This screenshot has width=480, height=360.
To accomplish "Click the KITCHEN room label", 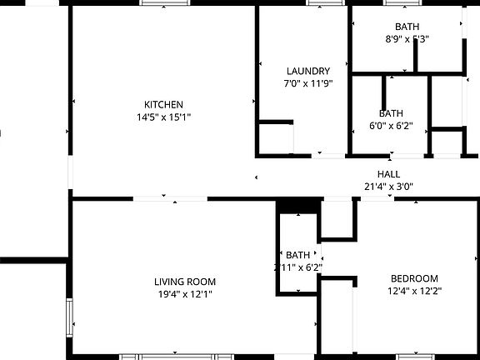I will pyautogui.click(x=163, y=104).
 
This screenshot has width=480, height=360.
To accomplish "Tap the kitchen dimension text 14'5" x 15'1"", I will pyautogui.click(x=163, y=117).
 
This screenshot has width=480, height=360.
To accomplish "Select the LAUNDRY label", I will pyautogui.click(x=307, y=72).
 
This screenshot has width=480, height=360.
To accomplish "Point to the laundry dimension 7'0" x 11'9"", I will pyautogui.click(x=307, y=83).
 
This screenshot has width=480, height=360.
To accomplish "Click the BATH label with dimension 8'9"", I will pyautogui.click(x=407, y=27).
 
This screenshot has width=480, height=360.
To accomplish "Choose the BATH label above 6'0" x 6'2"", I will pyautogui.click(x=391, y=113).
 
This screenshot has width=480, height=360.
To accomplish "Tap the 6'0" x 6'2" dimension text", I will pyautogui.click(x=391, y=127).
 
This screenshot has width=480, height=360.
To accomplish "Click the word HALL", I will pyautogui.click(x=388, y=174).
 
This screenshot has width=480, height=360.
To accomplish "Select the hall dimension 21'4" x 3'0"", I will pyautogui.click(x=388, y=187).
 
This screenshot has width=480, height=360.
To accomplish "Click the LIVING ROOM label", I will pyautogui.click(x=184, y=282).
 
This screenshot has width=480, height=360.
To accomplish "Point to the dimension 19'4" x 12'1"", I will pyautogui.click(x=184, y=294).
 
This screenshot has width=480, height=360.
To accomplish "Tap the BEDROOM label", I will pyautogui.click(x=414, y=278).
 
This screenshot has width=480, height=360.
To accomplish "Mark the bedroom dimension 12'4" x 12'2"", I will pyautogui.click(x=414, y=291).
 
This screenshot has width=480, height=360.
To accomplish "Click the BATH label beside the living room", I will pyautogui.click(x=297, y=255).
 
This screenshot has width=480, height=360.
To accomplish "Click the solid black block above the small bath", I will pyautogui.click(x=297, y=205).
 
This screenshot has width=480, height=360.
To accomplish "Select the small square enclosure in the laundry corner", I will pyautogui.click(x=274, y=137).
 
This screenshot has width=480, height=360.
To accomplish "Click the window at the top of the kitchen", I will pyautogui.click(x=164, y=3).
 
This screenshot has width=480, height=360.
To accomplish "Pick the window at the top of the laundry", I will pyautogui.click(x=326, y=3).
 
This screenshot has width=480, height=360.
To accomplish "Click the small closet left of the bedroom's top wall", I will pyautogui.click(x=337, y=219).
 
